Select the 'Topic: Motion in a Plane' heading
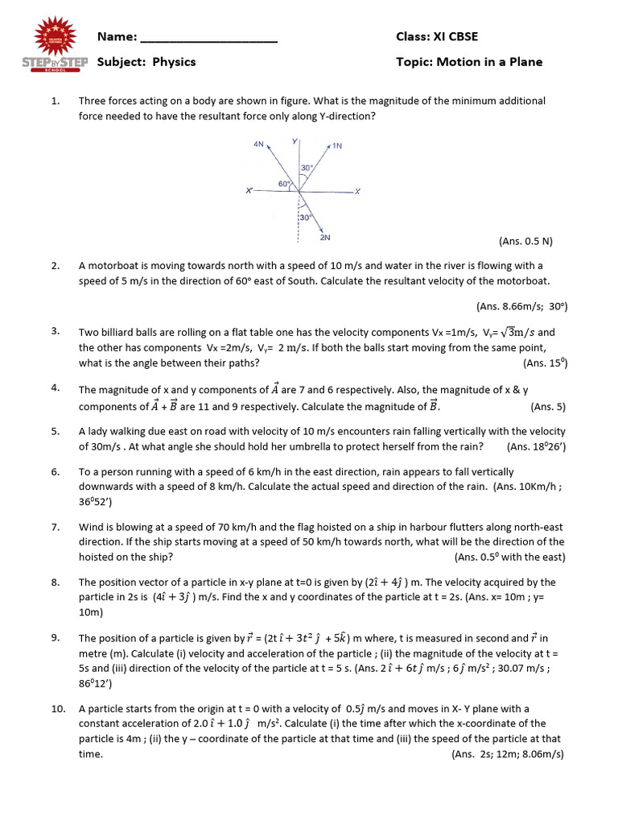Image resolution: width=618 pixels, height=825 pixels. [469, 62]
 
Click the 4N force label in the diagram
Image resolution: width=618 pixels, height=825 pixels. [257, 143]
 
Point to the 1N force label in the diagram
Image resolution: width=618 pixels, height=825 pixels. [337, 146]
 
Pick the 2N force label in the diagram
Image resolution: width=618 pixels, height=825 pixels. [324, 238]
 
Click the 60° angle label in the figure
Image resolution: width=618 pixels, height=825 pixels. [284, 184]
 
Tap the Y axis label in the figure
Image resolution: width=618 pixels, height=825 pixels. [295, 142]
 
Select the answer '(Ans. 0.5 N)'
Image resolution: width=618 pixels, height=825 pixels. [525, 241]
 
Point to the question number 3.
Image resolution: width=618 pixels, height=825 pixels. [55, 331]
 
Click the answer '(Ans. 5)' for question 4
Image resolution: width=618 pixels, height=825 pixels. [548, 407]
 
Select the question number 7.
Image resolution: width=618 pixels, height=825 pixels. [55, 527]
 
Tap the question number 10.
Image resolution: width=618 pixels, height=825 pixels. [57, 709]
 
